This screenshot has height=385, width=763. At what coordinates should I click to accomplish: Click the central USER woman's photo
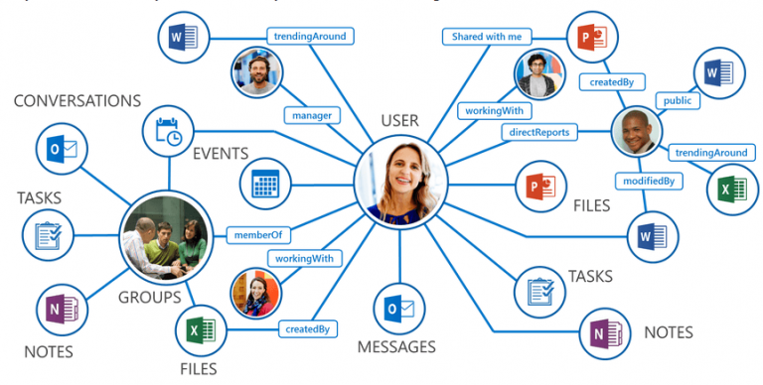coord(399,181)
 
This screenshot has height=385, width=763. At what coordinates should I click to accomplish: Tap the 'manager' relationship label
coord(311,115)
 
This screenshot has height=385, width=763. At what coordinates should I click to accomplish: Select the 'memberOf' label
coord(256,234)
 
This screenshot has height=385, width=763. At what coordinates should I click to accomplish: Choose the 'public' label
coord(678,100)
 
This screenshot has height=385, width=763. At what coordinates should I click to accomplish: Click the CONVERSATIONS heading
coord(77,101)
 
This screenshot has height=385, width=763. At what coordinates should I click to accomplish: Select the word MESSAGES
coord(396,347)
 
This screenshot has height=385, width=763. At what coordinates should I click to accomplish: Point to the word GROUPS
coord(150,297)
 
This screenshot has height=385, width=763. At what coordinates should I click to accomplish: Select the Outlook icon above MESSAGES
coord(397,309)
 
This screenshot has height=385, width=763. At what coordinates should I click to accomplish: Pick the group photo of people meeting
coord(165,235)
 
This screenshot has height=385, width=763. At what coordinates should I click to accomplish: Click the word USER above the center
coord(399,121)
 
